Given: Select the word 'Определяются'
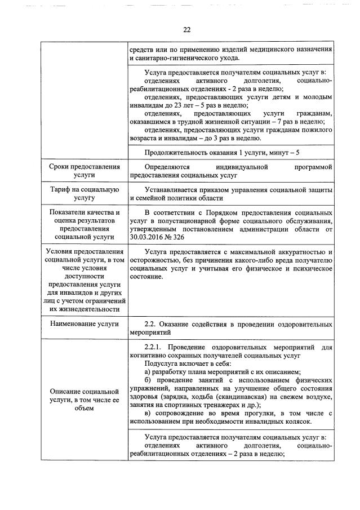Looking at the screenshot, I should pyautogui.click(x=167, y=167).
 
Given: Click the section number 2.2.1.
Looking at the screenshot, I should pyautogui.click(x=155, y=346).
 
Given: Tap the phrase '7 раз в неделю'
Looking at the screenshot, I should pyautogui.click(x=300, y=121).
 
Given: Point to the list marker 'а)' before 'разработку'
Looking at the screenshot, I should pyautogui.click(x=148, y=371).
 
